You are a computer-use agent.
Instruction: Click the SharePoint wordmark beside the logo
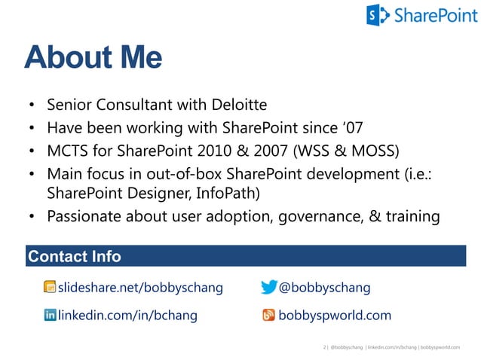[430, 15]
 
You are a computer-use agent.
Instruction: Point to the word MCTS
[69, 148]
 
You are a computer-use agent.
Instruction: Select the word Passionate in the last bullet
[83, 216]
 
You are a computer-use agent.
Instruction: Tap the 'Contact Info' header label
[74, 257]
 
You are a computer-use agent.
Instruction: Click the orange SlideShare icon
[50, 288]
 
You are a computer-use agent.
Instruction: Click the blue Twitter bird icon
[268, 288]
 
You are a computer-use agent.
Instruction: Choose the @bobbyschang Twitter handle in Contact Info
[324, 288]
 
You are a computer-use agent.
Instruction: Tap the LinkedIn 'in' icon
[50, 316]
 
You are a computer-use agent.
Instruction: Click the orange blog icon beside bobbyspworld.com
[268, 316]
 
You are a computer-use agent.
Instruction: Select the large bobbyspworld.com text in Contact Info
[335, 316]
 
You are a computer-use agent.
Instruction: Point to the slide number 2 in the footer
[323, 348]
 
